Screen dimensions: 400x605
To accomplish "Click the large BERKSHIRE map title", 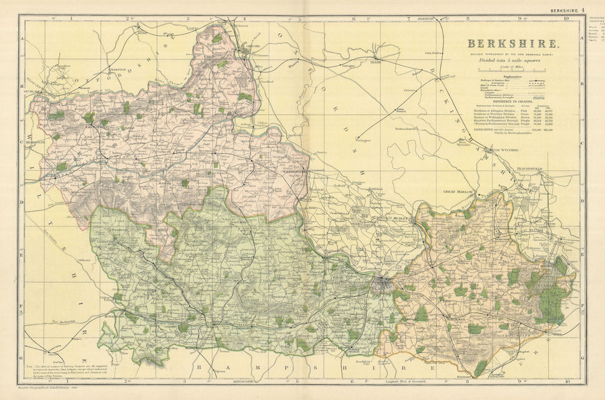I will [x=512, y=44].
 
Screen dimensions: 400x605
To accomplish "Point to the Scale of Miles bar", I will [x=512, y=71].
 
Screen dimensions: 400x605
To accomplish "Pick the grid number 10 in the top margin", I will [x=565, y=19].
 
